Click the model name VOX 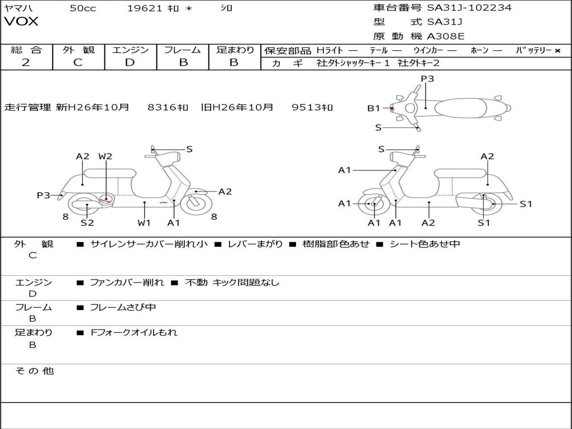(x=21, y=22)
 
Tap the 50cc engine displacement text (x=83, y=8)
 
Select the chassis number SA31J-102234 (x=469, y=8)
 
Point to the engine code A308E (x=446, y=36)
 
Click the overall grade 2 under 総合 (x=26, y=63)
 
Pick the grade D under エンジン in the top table (x=130, y=63)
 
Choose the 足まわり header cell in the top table (x=235, y=50)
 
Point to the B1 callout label (x=373, y=108)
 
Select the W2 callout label (x=105, y=156)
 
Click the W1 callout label (x=144, y=223)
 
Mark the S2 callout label (x=87, y=223)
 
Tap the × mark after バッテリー (x=557, y=51)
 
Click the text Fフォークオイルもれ (x=134, y=332)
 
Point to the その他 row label (x=34, y=371)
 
